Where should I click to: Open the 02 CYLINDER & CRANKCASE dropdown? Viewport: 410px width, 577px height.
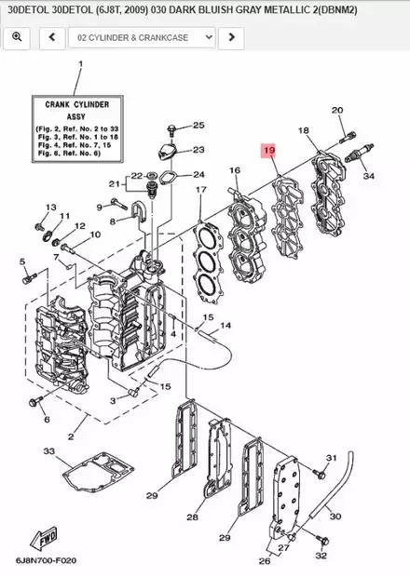[x=143, y=38]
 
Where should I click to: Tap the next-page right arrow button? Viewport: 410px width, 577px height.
[x=231, y=38]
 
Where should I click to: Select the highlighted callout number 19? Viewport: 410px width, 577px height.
[x=269, y=150]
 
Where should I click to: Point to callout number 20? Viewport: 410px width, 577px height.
[x=337, y=111]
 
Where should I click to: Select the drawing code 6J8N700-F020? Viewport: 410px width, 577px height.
[x=46, y=563]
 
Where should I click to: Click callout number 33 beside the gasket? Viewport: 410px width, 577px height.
[x=48, y=451]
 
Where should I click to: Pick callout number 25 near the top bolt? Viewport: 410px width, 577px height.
[x=198, y=126]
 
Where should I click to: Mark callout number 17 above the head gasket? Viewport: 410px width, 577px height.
[x=199, y=190]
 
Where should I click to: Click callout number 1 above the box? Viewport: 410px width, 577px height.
[x=80, y=64]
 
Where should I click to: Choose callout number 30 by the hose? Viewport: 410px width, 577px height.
[x=362, y=517]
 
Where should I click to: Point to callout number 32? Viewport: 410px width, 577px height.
[x=321, y=556]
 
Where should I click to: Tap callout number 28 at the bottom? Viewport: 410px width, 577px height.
[x=192, y=517]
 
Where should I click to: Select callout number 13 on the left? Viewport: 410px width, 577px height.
[x=50, y=208]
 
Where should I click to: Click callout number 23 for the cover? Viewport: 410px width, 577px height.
[x=198, y=150]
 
